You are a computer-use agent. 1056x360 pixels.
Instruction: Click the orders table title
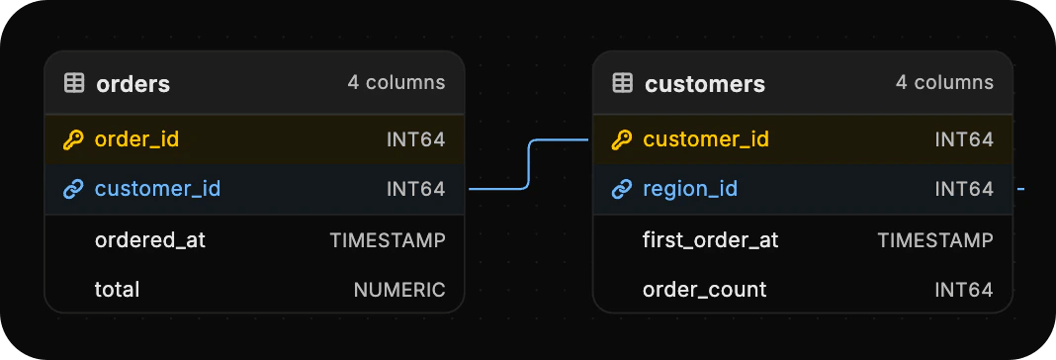click(132, 84)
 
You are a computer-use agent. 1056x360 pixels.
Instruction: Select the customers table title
click(704, 84)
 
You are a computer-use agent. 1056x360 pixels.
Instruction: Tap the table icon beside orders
click(74, 84)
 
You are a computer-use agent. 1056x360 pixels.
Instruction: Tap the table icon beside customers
click(622, 84)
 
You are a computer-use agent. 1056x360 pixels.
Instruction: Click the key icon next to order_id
click(73, 140)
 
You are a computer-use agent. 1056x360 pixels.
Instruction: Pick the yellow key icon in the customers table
click(621, 140)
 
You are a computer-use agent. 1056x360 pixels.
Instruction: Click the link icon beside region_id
click(621, 190)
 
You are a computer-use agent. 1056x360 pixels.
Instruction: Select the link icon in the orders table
click(73, 190)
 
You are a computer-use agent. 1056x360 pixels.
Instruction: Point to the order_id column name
click(136, 139)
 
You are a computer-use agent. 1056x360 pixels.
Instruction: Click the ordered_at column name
click(150, 239)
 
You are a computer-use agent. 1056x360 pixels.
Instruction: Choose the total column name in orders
click(118, 289)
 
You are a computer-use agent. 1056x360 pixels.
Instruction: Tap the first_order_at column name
click(711, 239)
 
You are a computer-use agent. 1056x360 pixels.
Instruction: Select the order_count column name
click(704, 289)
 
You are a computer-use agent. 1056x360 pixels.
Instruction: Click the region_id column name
click(690, 190)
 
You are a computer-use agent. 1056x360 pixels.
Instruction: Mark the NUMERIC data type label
click(399, 290)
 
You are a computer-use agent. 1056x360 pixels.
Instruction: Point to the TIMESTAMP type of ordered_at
click(388, 240)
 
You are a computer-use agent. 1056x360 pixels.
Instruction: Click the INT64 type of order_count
click(964, 290)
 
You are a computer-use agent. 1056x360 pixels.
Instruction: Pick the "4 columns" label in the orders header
click(396, 82)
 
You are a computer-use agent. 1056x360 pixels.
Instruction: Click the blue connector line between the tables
click(529, 164)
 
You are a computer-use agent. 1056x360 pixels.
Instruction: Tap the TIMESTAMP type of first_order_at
click(935, 240)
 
